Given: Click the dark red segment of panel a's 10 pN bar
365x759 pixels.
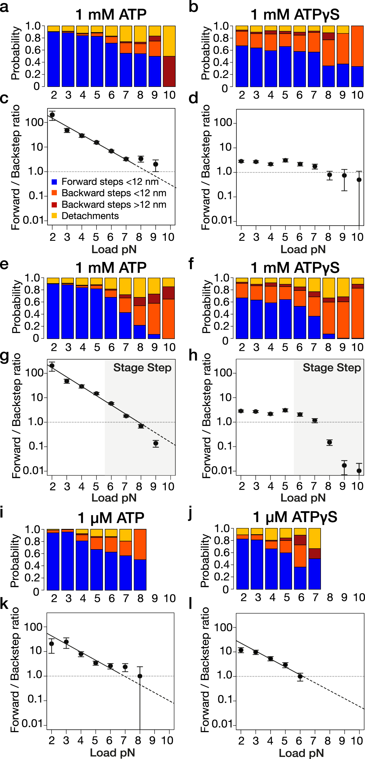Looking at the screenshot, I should pos(169,71).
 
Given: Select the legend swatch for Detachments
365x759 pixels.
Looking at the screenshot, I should pos(54,215).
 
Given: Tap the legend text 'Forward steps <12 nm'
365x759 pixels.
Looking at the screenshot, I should pos(110,182).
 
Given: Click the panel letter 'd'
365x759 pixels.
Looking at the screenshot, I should pos(193,99).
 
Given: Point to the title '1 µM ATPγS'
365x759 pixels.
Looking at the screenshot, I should pos(295,517).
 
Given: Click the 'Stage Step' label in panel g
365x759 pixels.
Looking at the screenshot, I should pos(142,368).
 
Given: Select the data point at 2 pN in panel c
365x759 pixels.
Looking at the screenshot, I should pos(52,115).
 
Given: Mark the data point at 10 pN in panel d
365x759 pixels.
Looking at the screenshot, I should pos(359,180).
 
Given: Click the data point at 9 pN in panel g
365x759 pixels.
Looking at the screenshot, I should pos(156,443).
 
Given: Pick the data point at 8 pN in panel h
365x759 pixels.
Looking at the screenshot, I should pos(330,442).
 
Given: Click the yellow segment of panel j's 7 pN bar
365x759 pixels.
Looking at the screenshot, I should pos(315,538).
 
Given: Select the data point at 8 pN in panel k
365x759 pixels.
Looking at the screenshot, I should pos(140,676).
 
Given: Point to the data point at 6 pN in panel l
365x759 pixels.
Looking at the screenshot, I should pos(300,677).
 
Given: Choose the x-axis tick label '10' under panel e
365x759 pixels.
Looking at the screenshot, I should pos(169,347).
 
